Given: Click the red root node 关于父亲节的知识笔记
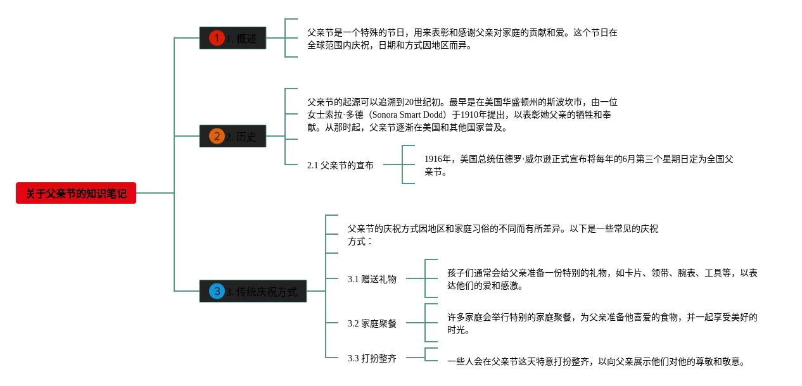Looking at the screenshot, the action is tap(76, 193).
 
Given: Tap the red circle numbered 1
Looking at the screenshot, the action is tap(217, 38).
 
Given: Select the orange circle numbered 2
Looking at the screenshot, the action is tap(217, 136).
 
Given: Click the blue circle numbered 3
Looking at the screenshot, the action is tap(217, 291).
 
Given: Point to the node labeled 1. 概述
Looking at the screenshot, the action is tap(232, 38).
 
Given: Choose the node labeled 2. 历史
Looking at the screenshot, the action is tap(232, 136).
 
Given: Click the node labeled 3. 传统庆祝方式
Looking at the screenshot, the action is tap(253, 291).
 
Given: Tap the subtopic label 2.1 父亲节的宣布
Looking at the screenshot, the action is tap(340, 165).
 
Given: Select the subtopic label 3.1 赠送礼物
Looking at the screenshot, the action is tap(372, 279).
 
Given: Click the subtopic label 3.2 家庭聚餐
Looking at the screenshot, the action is tap(372, 323).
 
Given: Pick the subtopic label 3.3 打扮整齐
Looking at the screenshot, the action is tap(372, 358).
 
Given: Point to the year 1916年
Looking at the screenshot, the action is tap(438, 159).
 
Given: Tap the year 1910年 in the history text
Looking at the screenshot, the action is tap(474, 115).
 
